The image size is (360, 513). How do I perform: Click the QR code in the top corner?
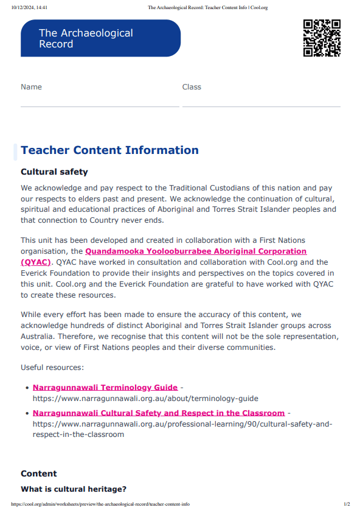click(322, 38)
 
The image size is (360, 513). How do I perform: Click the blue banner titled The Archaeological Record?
click(100, 38)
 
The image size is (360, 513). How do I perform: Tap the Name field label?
click(31, 87)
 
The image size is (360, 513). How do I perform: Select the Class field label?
click(192, 87)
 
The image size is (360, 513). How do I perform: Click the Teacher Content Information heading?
click(109, 150)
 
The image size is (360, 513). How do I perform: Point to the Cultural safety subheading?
click(54, 172)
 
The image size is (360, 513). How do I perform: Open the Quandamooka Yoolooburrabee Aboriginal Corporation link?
click(196, 251)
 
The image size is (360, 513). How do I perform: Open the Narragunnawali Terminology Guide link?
click(105, 387)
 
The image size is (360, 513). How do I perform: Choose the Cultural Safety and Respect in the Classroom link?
click(159, 413)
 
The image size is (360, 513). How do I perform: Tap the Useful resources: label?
click(52, 368)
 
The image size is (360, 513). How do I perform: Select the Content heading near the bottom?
click(39, 473)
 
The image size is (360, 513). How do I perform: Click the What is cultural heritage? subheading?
click(74, 489)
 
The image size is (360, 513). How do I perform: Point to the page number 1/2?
click(347, 504)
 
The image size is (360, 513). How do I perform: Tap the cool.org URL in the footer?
click(100, 504)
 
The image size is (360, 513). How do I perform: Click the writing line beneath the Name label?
click(100, 106)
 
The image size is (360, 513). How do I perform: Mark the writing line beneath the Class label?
click(261, 106)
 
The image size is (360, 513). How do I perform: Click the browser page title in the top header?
click(208, 8)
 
